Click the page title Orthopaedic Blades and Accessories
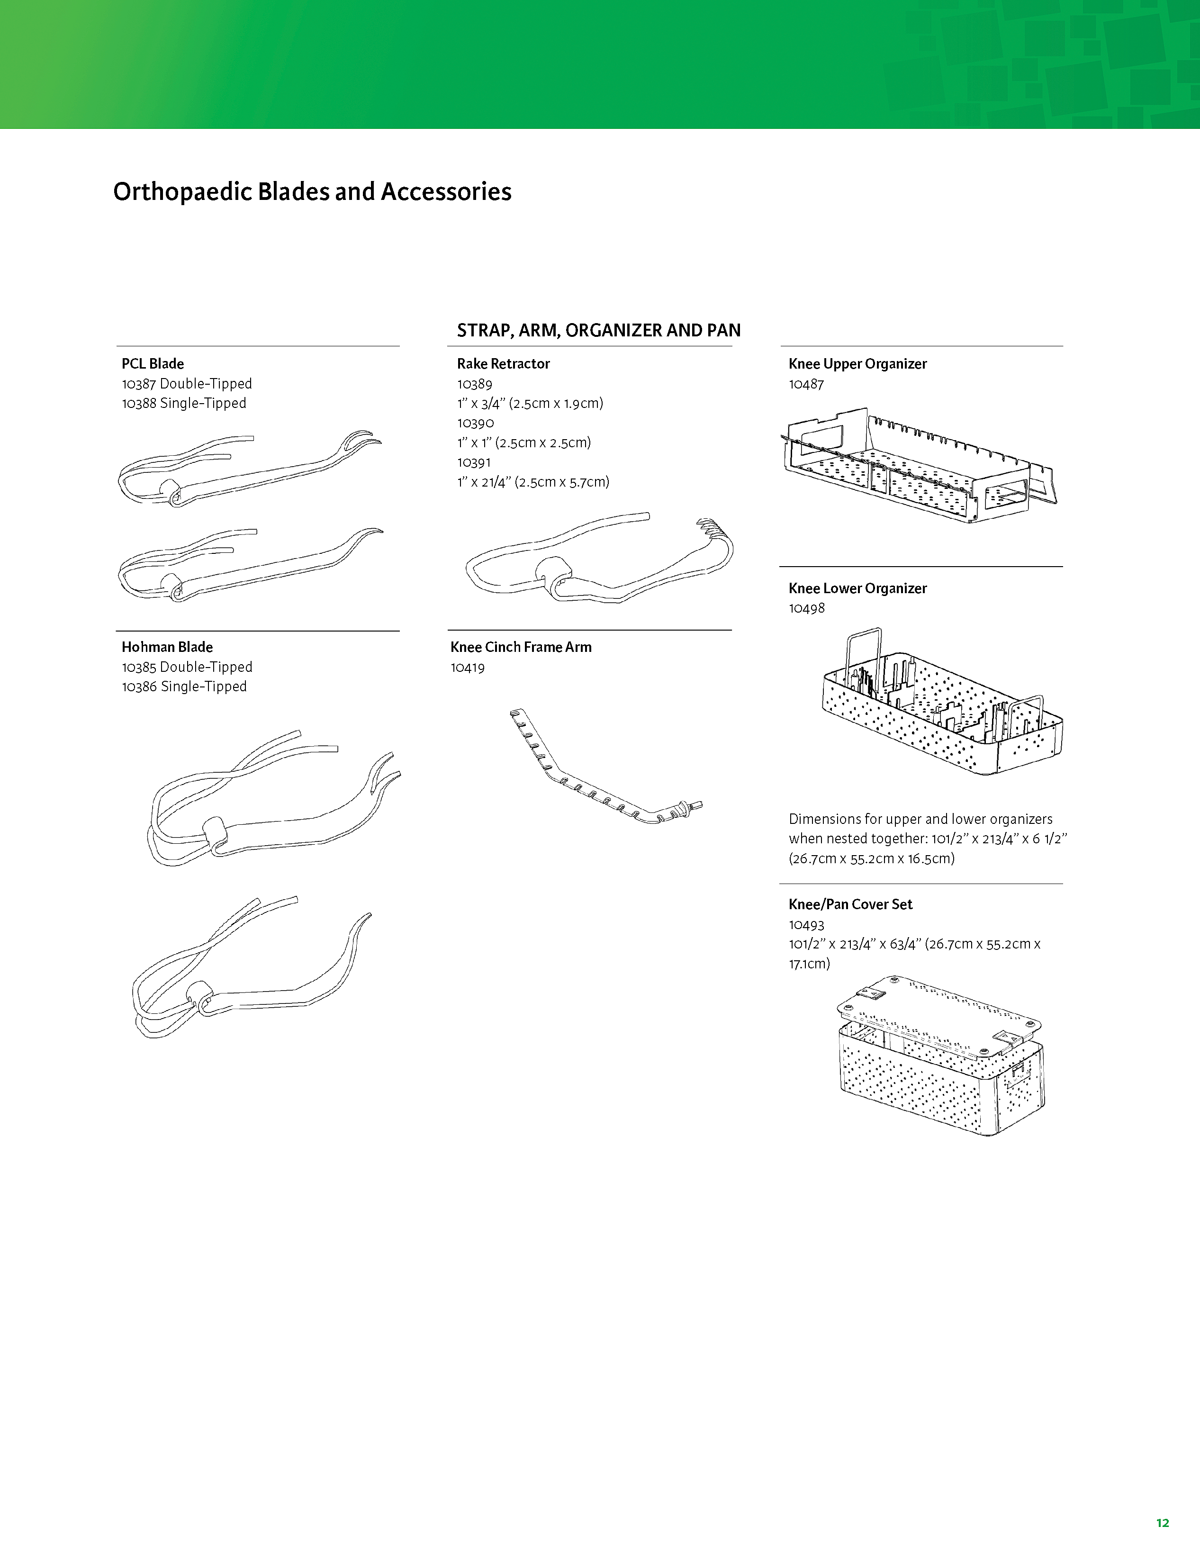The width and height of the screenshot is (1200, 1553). [312, 192]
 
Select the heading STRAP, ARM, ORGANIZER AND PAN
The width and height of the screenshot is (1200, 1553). [598, 331]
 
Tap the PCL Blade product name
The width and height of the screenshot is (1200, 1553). [153, 364]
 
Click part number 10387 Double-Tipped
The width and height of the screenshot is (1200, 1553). [187, 384]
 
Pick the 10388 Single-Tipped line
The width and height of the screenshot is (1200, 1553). [184, 403]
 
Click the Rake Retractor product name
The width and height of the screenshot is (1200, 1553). [503, 364]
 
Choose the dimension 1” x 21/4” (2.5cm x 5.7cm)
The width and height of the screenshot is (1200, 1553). [533, 482]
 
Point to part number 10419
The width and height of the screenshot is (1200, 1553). [468, 668]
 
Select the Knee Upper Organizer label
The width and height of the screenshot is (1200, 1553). [857, 364]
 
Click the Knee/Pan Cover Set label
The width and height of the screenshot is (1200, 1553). [850, 904]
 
